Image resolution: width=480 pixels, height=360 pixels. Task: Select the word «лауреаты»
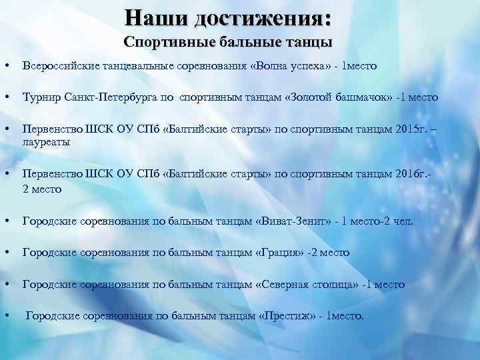[x=46, y=142]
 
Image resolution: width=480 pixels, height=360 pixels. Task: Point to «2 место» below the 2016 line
[x=43, y=189]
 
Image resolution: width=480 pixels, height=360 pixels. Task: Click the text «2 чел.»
[x=397, y=221]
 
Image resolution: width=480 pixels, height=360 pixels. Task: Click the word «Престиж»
[x=285, y=316]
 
